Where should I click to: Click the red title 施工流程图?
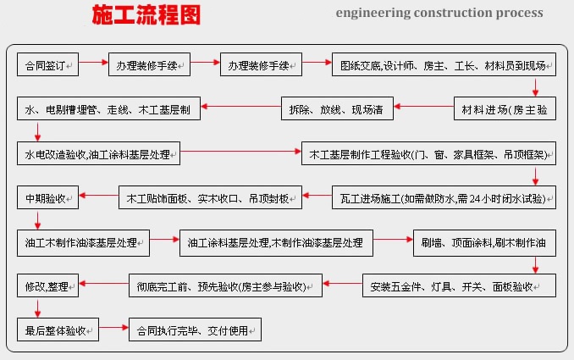click(x=146, y=14)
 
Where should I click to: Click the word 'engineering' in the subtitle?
click(x=373, y=14)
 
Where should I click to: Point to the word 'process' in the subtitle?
click(x=519, y=14)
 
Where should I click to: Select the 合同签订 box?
click(x=47, y=64)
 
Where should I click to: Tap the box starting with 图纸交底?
click(x=444, y=64)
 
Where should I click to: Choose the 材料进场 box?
click(x=505, y=108)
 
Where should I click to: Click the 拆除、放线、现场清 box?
click(x=337, y=108)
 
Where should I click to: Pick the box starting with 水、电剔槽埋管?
click(x=108, y=108)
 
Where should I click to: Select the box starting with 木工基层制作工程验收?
click(x=428, y=153)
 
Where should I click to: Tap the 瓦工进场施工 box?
click(x=444, y=197)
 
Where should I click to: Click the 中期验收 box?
click(x=47, y=197)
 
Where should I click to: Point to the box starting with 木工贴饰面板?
click(x=210, y=197)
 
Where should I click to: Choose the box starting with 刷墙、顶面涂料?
click(x=484, y=243)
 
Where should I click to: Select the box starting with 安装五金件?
click(x=459, y=285)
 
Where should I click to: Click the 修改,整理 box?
click(x=47, y=285)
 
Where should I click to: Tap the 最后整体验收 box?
click(x=58, y=330)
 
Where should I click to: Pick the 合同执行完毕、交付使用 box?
click(x=195, y=330)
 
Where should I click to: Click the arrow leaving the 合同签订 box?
click(x=93, y=62)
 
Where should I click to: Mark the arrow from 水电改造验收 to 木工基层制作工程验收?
click(x=240, y=152)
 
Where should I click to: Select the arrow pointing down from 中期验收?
click(x=37, y=219)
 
